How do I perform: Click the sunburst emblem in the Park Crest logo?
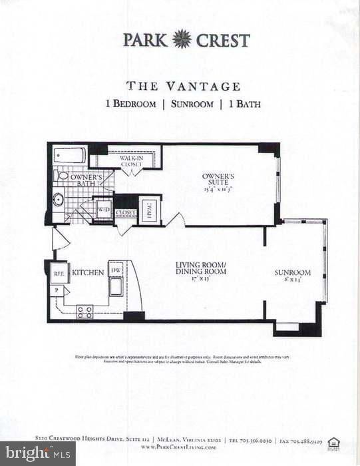coord(182,40)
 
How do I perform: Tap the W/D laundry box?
coord(104,210)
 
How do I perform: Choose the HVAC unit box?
coord(148,212)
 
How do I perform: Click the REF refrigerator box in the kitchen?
coord(59,273)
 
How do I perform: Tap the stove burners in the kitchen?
coord(85,311)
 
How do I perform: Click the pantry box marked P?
coord(57,290)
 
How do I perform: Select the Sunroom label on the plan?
coord(293,273)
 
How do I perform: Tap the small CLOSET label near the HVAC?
coord(125,213)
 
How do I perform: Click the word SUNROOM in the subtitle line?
coord(192,105)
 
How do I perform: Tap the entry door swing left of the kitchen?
coord(59,238)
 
